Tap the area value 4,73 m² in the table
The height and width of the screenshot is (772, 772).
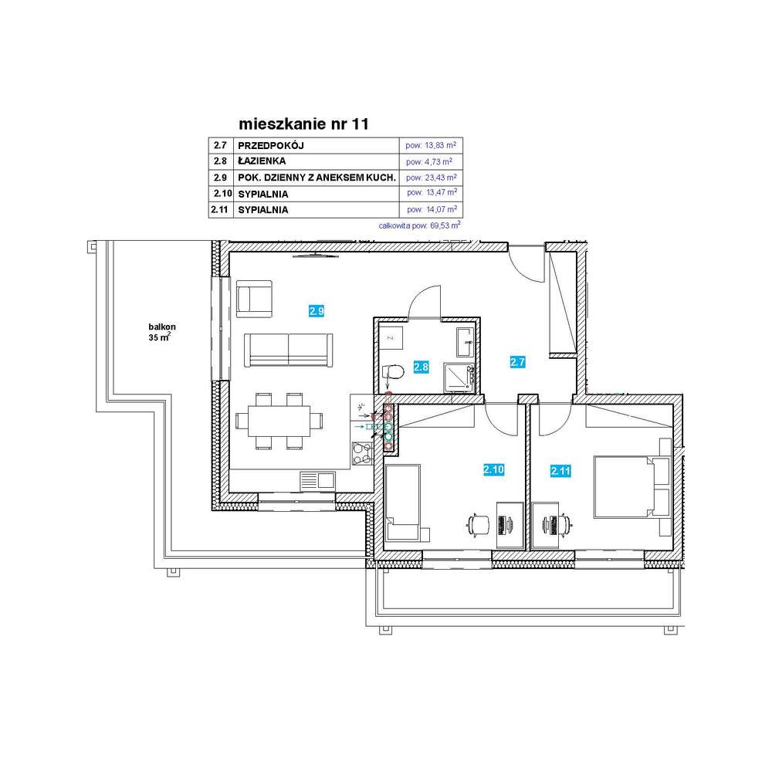click(429, 161)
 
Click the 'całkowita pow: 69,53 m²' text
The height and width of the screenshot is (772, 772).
click(420, 226)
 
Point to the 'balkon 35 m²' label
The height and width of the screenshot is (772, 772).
click(160, 332)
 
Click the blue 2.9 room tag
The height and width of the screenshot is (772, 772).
click(316, 312)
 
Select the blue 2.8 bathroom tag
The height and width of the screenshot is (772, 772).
click(421, 367)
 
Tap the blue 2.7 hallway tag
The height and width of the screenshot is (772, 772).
click(516, 361)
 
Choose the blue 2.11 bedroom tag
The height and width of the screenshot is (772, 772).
click(560, 470)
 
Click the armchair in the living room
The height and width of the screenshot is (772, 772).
click(254, 298)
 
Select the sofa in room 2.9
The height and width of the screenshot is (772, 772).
click(288, 350)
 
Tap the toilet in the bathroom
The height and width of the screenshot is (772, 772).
click(394, 373)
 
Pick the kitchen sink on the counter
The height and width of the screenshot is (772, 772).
click(317, 479)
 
